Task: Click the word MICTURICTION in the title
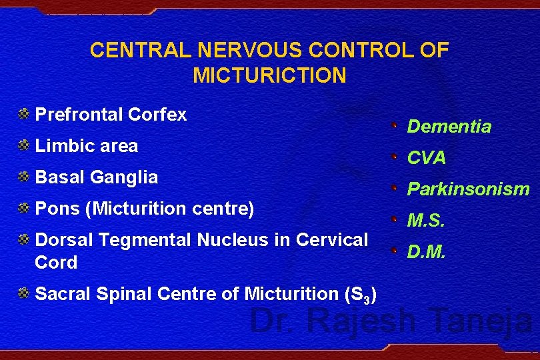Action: pyautogui.click(x=269, y=75)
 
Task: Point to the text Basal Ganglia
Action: pyautogui.click(x=96, y=177)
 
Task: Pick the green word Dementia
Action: pyautogui.click(x=449, y=127)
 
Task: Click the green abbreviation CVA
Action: pyautogui.click(x=427, y=158)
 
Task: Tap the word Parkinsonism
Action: pyautogui.click(x=468, y=189)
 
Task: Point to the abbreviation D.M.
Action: pyautogui.click(x=425, y=252)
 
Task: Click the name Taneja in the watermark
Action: pyautogui.click(x=479, y=321)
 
